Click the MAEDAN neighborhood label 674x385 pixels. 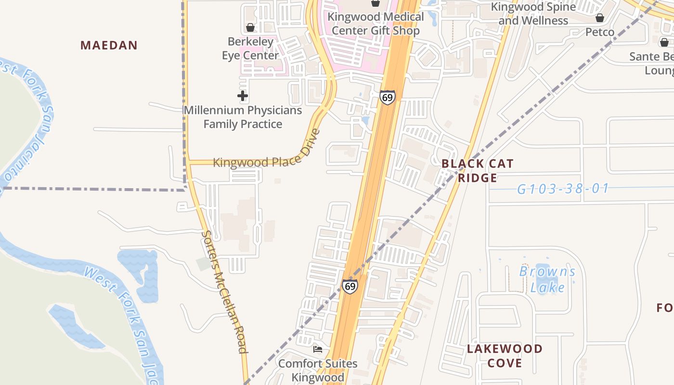point(109,46)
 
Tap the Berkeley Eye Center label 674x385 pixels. point(250,49)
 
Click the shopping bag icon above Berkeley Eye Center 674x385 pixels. point(250,27)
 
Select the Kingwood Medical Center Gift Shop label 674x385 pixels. point(376,24)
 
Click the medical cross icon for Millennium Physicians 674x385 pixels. point(243,96)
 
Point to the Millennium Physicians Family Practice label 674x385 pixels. point(243,117)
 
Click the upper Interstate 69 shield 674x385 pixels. point(387,97)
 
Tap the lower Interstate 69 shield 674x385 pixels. point(350,286)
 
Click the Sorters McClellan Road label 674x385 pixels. point(225,292)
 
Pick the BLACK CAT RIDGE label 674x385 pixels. point(478,171)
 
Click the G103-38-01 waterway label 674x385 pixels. point(563,189)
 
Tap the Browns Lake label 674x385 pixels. point(547,280)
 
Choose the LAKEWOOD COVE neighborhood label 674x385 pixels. point(505,356)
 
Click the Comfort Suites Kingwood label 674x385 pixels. point(318,370)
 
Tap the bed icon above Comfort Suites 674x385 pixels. point(317,349)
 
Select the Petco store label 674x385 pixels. point(600,32)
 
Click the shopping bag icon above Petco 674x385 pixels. point(600,18)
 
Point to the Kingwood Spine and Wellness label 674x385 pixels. point(533,14)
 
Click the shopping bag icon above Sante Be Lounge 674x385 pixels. point(664,42)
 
